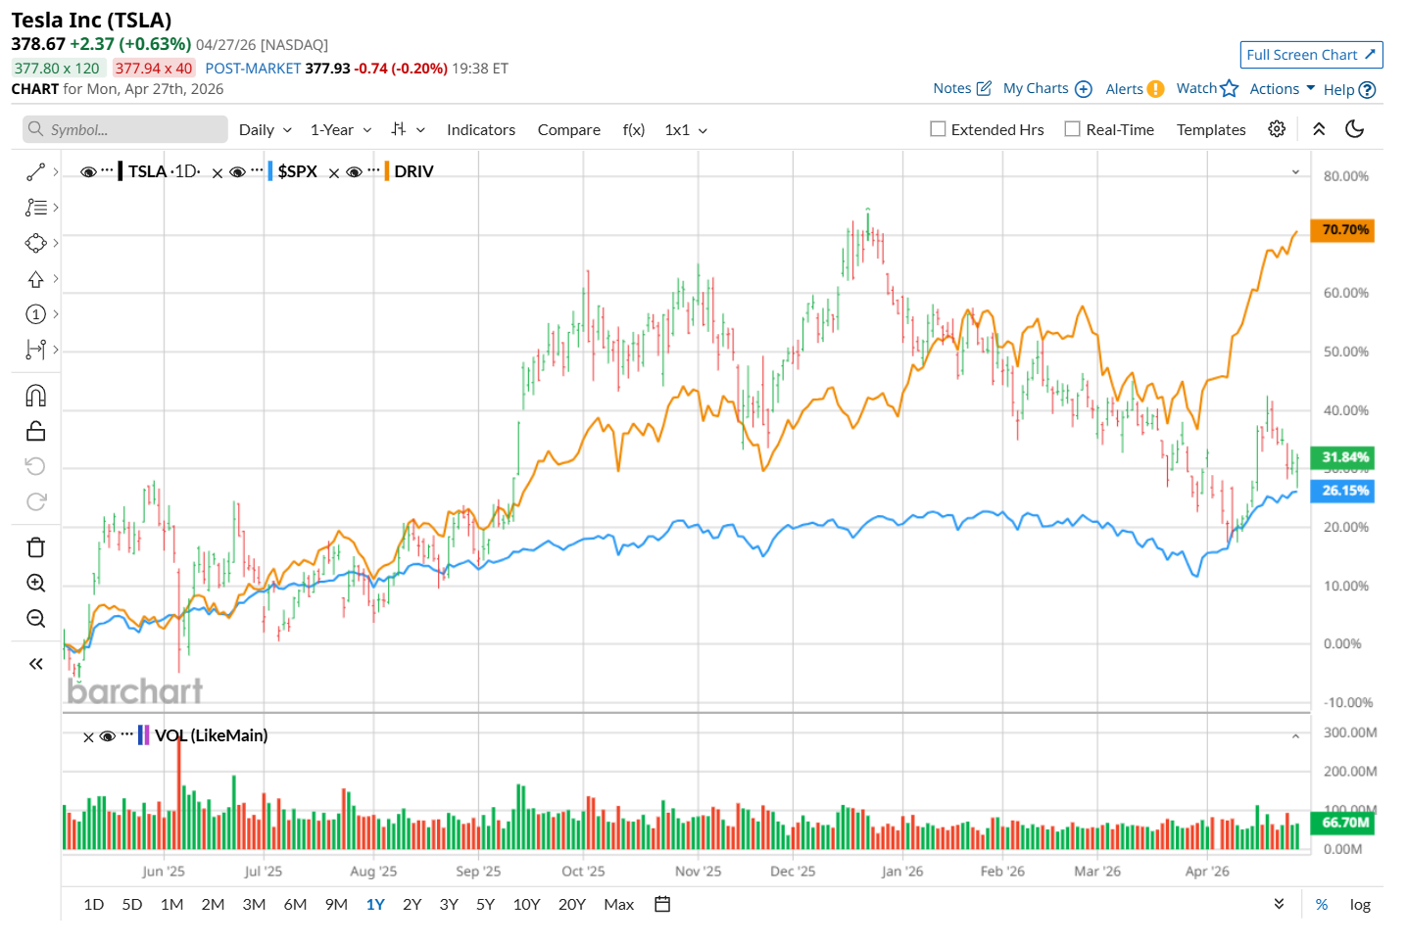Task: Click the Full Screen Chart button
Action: click(x=1310, y=55)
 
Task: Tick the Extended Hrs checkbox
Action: click(x=938, y=129)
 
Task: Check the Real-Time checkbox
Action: click(x=1073, y=129)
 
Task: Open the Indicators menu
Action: click(x=480, y=129)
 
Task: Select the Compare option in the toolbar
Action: click(x=568, y=129)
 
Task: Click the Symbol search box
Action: click(x=125, y=129)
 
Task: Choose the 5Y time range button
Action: click(x=485, y=904)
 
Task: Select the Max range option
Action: click(x=618, y=904)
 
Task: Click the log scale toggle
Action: click(x=1359, y=904)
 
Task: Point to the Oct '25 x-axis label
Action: click(x=583, y=871)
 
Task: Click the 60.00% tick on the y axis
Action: click(x=1345, y=293)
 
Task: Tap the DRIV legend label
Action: click(x=413, y=171)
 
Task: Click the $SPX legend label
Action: click(x=297, y=171)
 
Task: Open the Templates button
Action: click(x=1210, y=129)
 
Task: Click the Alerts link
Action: click(x=1124, y=89)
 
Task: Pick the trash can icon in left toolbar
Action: click(x=36, y=547)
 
